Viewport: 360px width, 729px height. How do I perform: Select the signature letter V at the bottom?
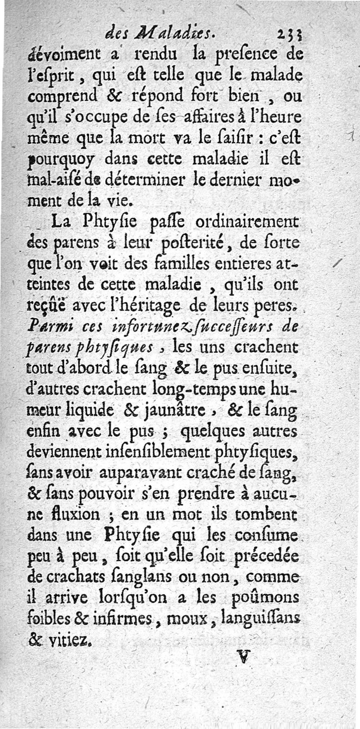(x=243, y=658)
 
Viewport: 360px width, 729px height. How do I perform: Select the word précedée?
(x=270, y=555)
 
